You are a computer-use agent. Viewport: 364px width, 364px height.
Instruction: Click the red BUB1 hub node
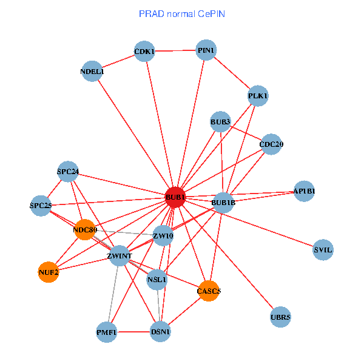tap(175, 197)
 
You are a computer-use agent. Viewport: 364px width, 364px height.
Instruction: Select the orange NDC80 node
tap(86, 230)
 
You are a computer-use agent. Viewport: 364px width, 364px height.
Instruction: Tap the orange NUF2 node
tap(49, 272)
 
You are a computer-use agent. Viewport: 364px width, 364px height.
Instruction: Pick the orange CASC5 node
tap(209, 291)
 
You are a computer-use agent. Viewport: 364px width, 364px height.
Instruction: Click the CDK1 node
tap(145, 52)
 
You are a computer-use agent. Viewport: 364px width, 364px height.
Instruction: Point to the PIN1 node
tap(206, 50)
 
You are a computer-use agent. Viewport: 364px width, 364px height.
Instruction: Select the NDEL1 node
tap(92, 72)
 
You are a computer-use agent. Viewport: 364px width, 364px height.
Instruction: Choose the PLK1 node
tap(258, 96)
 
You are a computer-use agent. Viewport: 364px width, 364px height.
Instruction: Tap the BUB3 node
tap(221, 123)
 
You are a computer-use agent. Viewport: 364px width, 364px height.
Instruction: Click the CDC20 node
tap(271, 144)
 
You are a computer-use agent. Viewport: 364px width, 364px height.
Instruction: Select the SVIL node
tap(323, 249)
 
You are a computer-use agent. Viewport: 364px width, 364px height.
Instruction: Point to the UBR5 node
tap(280, 317)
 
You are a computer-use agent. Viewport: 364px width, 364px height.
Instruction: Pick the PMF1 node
tap(107, 332)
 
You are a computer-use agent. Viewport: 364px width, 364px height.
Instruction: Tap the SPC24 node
tap(68, 172)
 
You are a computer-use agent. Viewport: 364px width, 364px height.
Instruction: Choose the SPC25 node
tap(41, 206)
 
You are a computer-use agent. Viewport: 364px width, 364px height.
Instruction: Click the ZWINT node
tap(120, 256)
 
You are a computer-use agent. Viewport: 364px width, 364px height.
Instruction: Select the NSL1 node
tap(157, 280)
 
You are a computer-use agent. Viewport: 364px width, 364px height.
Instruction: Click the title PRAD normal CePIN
tap(182, 13)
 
